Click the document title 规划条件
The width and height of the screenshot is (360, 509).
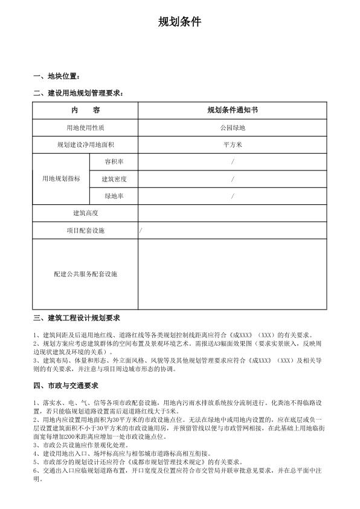(179, 23)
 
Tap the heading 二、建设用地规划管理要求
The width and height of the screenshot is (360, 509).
(79, 93)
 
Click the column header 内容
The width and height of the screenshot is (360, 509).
(85, 111)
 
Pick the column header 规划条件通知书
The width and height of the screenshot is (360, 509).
(233, 111)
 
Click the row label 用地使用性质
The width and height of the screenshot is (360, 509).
(85, 128)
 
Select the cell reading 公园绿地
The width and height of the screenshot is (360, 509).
(233, 128)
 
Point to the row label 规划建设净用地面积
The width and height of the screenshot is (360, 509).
(85, 145)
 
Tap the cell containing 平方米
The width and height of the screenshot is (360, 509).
(233, 145)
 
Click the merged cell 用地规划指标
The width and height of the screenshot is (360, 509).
(61, 180)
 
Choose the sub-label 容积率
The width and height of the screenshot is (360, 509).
(114, 162)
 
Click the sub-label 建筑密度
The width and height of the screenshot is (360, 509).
(114, 180)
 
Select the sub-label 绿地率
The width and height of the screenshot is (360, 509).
(114, 196)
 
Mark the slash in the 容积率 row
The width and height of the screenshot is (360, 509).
(233, 162)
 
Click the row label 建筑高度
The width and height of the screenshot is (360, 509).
(85, 213)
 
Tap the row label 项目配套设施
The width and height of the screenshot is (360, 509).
(85, 231)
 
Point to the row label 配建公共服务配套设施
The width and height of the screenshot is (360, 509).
(85, 274)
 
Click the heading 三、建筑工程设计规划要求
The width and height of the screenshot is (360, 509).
(78, 318)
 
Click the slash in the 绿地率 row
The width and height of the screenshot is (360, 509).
(233, 196)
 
